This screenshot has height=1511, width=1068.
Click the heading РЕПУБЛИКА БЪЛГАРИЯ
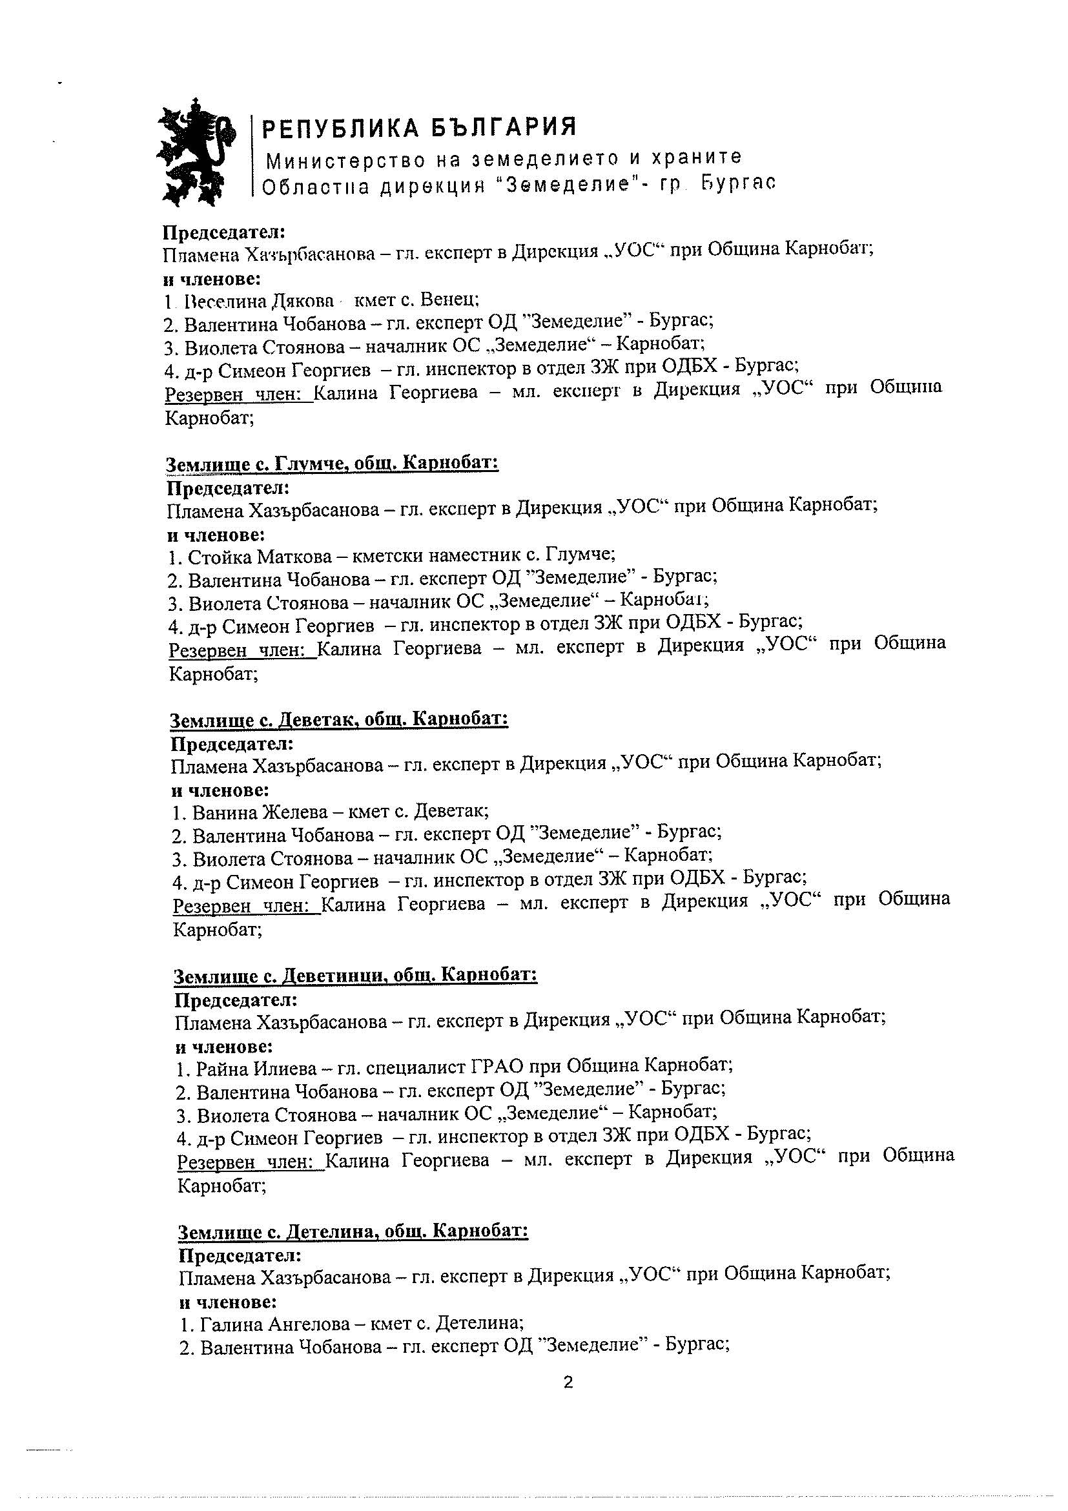(x=419, y=127)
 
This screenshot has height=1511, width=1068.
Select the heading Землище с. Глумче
(x=333, y=464)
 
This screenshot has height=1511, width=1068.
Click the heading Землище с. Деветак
(x=339, y=719)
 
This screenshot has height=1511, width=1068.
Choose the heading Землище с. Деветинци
(x=355, y=975)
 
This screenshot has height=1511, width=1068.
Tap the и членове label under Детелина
(x=228, y=1301)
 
